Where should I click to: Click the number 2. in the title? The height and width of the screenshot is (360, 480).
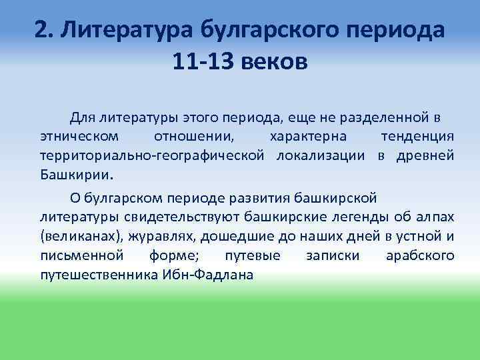click(x=43, y=31)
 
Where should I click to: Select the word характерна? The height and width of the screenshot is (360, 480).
click(x=307, y=137)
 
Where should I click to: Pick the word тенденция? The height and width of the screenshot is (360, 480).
click(x=418, y=137)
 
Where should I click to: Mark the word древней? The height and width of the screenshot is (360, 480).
click(x=425, y=155)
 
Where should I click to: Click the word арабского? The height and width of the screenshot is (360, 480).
click(x=420, y=255)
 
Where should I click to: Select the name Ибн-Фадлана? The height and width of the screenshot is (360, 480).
click(x=210, y=274)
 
